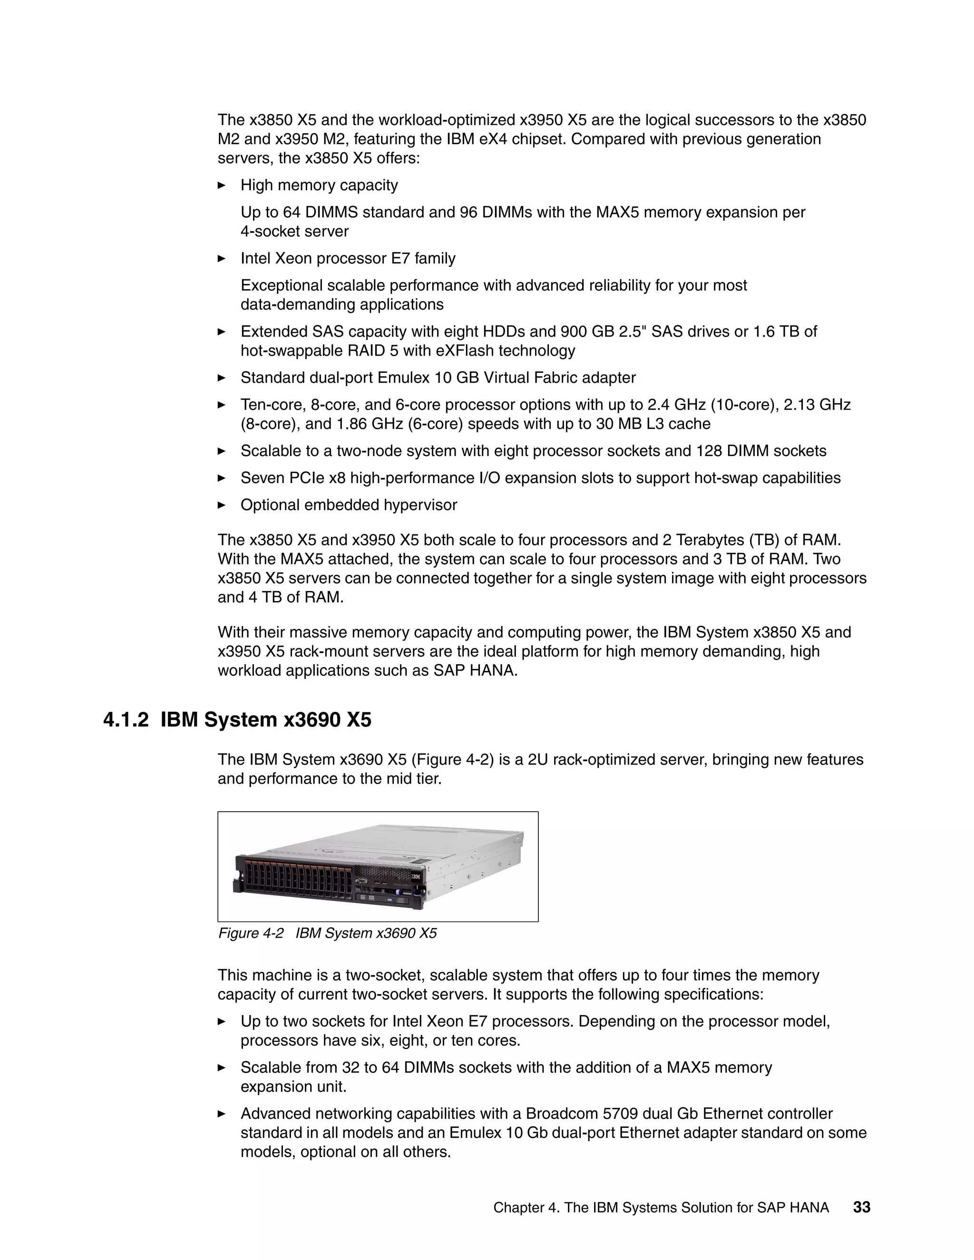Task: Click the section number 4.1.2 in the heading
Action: click(125, 720)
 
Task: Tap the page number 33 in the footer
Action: click(861, 1207)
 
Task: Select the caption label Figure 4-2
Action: click(251, 933)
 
